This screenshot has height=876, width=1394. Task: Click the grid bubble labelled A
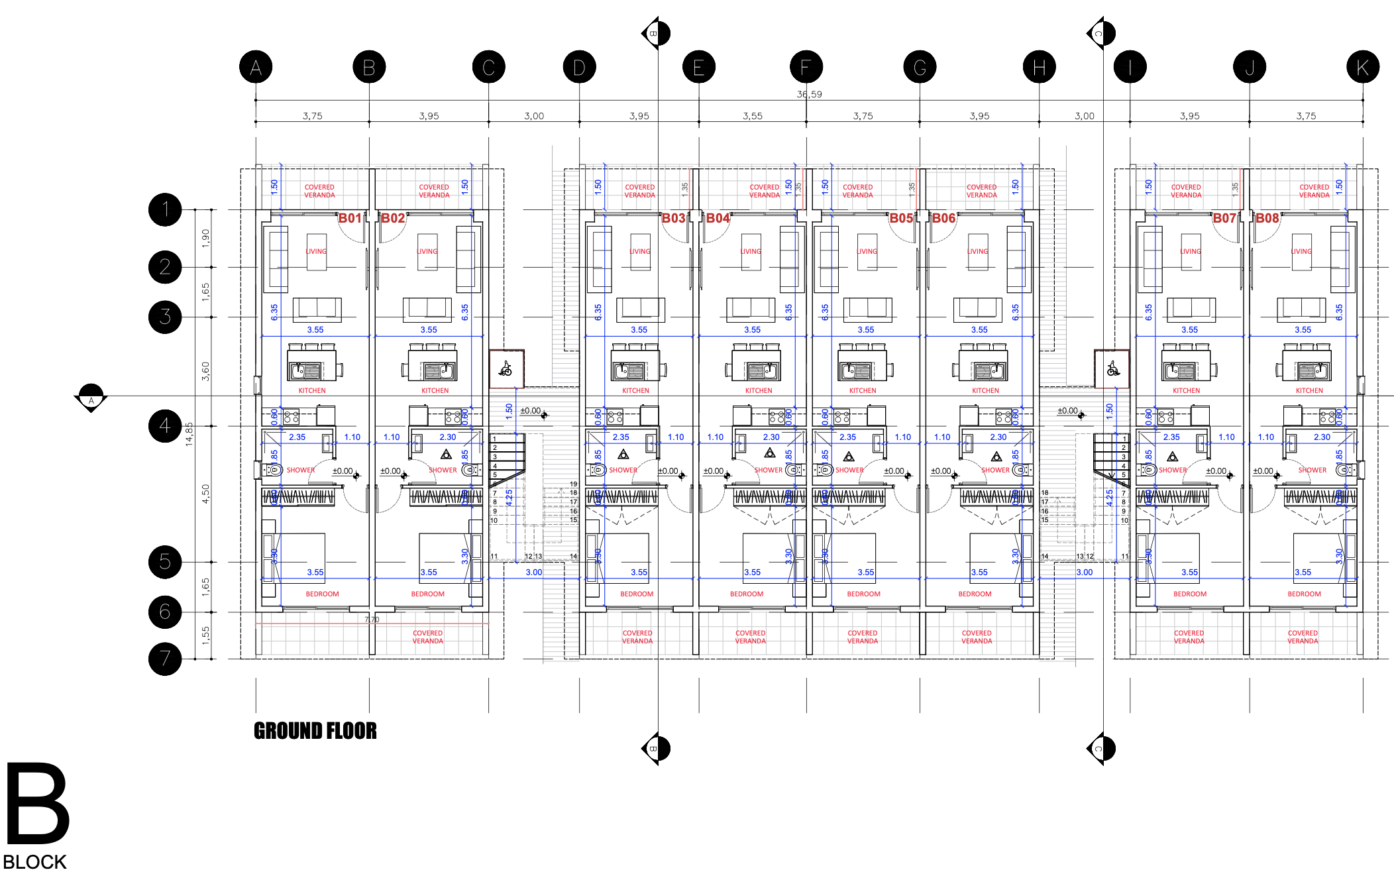pos(256,67)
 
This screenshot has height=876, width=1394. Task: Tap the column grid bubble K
pos(1363,67)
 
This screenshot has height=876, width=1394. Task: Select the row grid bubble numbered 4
pos(165,426)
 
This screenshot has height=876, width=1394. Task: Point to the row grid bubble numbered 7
pos(165,659)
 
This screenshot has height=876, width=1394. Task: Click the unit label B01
pos(350,218)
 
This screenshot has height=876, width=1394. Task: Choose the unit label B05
pos(901,218)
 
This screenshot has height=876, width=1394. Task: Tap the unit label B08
pos(1267,218)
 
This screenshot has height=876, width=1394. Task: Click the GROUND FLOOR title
pos(315,731)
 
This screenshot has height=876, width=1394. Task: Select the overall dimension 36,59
pos(809,94)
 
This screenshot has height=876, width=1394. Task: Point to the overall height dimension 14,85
pos(189,434)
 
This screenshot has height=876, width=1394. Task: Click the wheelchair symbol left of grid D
pos(506,368)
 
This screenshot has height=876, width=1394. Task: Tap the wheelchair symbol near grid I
pos(1112,368)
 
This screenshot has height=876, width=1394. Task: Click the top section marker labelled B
pos(655,33)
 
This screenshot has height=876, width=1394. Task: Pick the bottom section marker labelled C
pos(1101,749)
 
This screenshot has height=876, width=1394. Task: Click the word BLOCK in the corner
pos(34,862)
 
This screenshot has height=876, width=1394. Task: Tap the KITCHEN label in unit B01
pos(312,390)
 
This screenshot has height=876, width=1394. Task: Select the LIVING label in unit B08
pos(1301,251)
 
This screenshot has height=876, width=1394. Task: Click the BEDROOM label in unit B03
pos(637,594)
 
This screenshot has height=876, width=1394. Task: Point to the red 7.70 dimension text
pos(372,620)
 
